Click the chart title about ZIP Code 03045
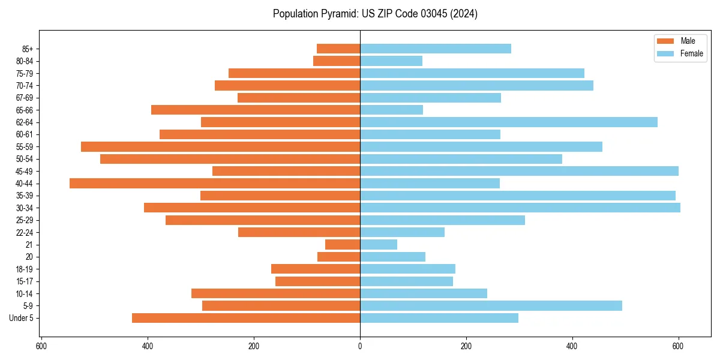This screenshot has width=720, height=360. [375, 14]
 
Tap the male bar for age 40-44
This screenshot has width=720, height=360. [215, 184]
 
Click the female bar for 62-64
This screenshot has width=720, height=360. [508, 122]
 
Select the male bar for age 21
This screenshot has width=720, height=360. [343, 245]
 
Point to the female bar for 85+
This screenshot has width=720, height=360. [435, 49]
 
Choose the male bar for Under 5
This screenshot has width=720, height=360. [246, 318]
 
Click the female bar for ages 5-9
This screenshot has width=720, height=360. [491, 306]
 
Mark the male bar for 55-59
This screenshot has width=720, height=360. [220, 147]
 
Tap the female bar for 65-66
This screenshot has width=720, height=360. [391, 110]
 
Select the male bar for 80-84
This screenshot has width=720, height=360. [337, 61]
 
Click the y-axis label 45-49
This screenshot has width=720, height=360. [25, 172]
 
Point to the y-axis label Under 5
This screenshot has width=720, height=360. [22, 318]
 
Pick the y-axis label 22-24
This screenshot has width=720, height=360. [25, 233]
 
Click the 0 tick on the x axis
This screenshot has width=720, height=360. [360, 346]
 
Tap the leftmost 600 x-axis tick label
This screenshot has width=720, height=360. [41, 346]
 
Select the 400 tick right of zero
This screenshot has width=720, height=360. [572, 346]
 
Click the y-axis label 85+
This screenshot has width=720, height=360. [27, 49]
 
